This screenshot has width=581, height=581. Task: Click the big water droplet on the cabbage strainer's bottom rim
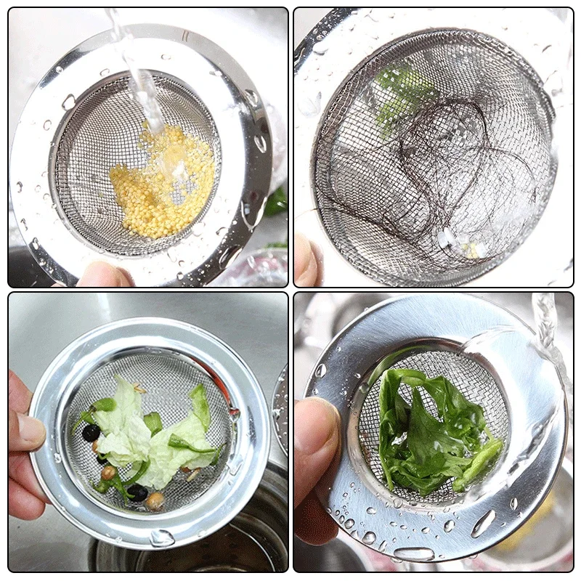[161, 537]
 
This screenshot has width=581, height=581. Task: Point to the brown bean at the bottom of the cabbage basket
[154, 500]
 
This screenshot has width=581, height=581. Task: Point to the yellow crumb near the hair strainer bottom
[472, 251]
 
